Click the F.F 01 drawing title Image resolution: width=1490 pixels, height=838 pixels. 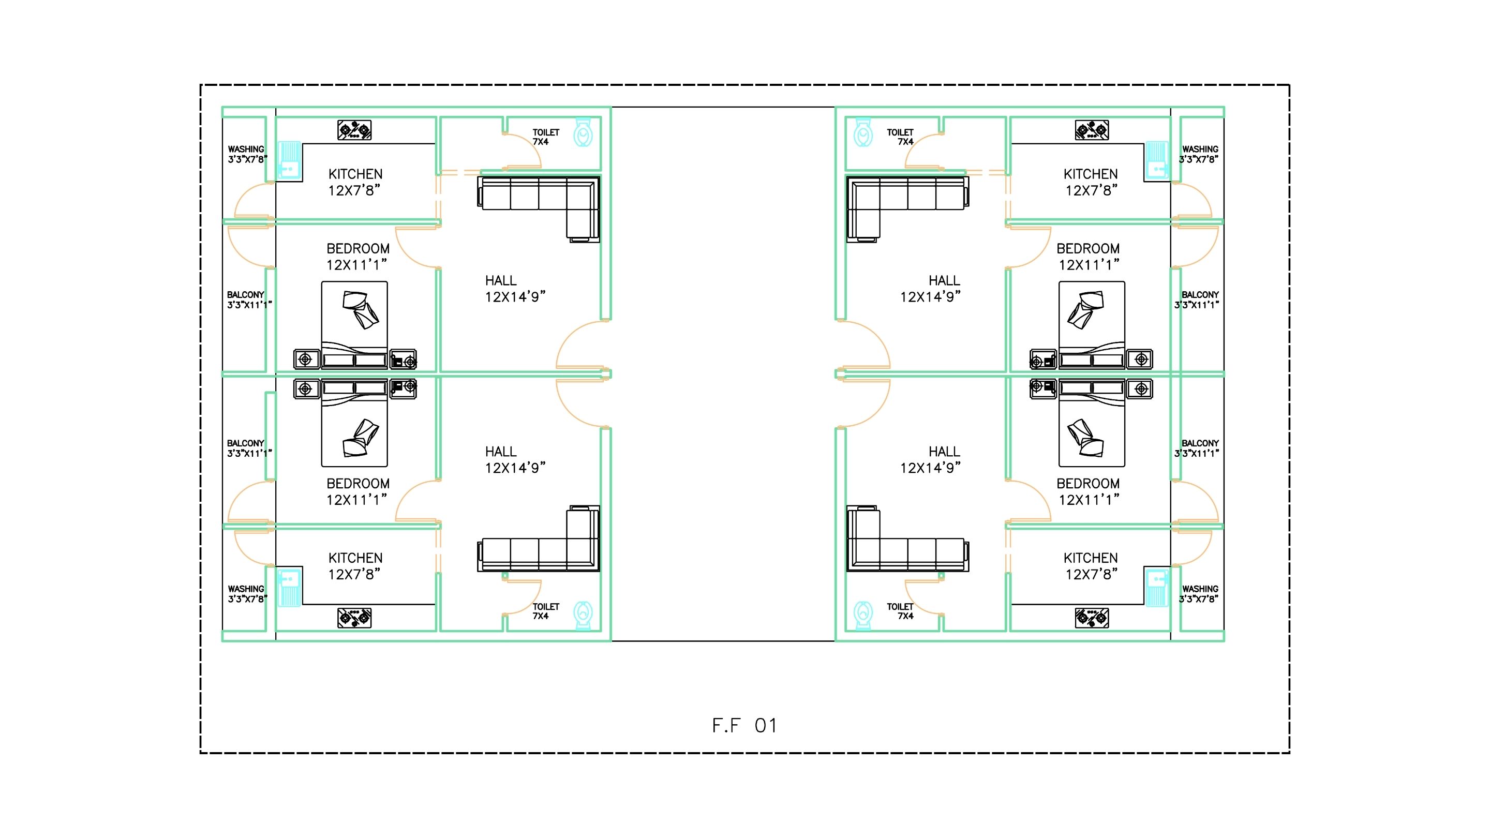(744, 726)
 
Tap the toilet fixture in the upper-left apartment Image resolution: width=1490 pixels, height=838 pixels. (583, 132)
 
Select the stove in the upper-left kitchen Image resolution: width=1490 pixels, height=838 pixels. (354, 130)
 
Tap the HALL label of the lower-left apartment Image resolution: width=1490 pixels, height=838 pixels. (501, 452)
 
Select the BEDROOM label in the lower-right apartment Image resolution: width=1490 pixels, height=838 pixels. (1088, 484)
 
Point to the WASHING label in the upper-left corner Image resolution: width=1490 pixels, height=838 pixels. (246, 149)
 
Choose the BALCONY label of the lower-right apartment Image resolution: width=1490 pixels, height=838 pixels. (1200, 443)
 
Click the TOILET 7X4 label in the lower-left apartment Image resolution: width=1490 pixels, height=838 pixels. (545, 611)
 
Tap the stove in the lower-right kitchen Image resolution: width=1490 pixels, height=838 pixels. (1092, 618)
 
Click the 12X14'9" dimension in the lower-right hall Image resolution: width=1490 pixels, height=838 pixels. (930, 468)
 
